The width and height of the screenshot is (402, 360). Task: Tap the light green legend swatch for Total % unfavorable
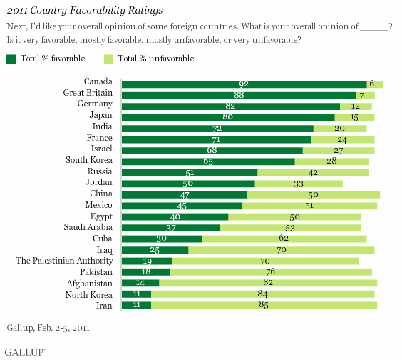[108, 58]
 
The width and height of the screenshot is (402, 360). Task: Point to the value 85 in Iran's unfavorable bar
[264, 305]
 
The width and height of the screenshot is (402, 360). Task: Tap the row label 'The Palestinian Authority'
[67, 261]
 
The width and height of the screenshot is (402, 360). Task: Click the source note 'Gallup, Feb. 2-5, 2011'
[47, 328]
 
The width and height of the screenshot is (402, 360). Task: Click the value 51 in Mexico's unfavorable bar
[309, 206]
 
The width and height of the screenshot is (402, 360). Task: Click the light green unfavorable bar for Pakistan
[271, 272]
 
